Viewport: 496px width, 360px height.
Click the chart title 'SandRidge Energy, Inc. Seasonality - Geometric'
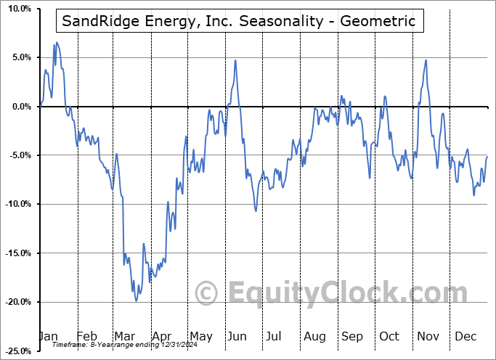[x=239, y=21]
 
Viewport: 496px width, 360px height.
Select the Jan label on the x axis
[x=48, y=337]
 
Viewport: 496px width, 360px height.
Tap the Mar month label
[x=123, y=337]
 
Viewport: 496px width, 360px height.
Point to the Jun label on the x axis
[x=235, y=337]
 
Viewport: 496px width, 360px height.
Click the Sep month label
[x=352, y=337]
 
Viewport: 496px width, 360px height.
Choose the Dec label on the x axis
[x=465, y=337]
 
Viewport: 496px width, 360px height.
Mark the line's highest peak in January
[x=56, y=43]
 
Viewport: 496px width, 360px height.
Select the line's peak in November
[x=426, y=60]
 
